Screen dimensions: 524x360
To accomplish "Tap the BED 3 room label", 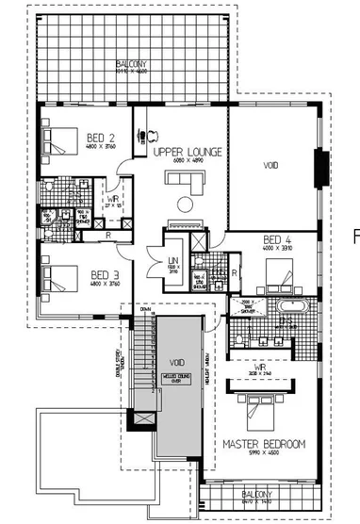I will click(103, 274).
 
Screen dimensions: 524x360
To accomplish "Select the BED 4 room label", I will click(279, 239).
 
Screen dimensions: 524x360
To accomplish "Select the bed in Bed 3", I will click(58, 279).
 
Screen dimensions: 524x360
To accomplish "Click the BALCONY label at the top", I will click(134, 65).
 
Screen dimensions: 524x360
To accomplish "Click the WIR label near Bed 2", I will click(112, 198).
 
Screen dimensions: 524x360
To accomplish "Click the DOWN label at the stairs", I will click(144, 308).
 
